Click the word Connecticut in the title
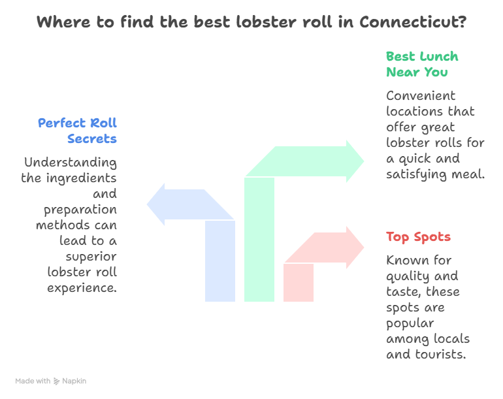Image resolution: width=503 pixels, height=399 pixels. [x=413, y=22]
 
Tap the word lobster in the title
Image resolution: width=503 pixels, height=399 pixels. [x=268, y=22]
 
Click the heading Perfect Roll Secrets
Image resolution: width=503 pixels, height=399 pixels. [x=77, y=131]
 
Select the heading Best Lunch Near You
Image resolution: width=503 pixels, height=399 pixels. [x=422, y=64]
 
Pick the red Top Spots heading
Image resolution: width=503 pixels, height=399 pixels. [x=418, y=236]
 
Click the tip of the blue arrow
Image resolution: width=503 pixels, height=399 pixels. [x=147, y=204]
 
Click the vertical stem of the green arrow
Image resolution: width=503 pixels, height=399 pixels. [x=259, y=239]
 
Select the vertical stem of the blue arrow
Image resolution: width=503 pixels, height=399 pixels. [x=220, y=261]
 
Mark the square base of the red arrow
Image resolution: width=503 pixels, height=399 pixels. [x=299, y=283]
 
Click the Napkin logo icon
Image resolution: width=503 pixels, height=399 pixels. [x=56, y=381]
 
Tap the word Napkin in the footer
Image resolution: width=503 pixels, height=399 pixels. [x=74, y=381]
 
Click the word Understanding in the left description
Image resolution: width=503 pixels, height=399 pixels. [x=71, y=163]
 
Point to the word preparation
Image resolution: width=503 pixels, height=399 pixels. [x=80, y=210]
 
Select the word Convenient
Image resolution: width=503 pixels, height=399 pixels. [x=421, y=95]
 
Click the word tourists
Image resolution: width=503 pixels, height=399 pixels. [x=440, y=355]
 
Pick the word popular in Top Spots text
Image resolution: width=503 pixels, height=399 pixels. [x=410, y=323]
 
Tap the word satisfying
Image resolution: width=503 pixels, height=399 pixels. [x=416, y=174]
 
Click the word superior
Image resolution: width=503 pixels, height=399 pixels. [x=91, y=257]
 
